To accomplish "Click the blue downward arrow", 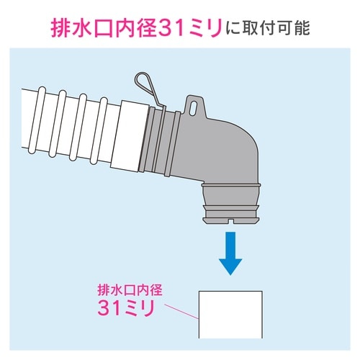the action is point(230,253).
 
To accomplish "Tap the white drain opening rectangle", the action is point(230,315).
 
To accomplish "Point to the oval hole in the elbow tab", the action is point(194,107).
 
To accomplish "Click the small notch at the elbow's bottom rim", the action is point(230,221).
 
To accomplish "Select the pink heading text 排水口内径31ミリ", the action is point(136,29).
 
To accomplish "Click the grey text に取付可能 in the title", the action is point(268,29).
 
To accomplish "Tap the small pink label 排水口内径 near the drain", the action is point(130,290).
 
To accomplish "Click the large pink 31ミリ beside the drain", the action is point(125,308).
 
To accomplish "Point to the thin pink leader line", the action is point(181,312).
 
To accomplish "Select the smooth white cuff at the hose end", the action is point(130,136).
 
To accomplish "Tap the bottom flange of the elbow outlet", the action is point(230,220).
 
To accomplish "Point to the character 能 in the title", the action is point(302,29).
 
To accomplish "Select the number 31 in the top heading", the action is point(171,29).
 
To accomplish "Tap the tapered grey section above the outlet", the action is point(230,197).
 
